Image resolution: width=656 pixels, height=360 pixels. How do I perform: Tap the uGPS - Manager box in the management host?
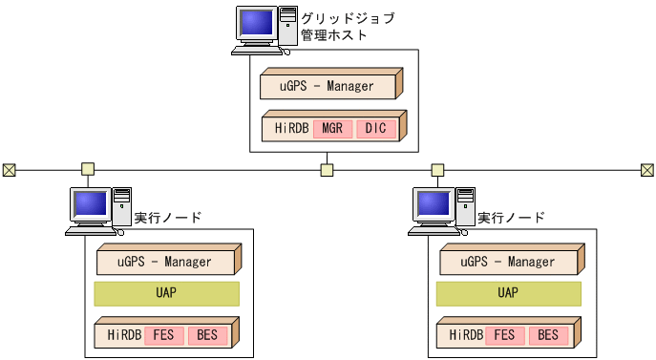(x=328, y=86)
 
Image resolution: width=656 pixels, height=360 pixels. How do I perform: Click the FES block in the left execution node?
(x=164, y=336)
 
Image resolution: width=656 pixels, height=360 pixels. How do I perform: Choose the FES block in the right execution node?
(x=506, y=336)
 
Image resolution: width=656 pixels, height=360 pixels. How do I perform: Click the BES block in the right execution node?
(x=547, y=336)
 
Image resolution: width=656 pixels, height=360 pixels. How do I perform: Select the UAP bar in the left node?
(x=166, y=293)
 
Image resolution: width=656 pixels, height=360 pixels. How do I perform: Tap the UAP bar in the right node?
(x=508, y=293)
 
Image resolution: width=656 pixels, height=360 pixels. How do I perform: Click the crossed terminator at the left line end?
(x=9, y=170)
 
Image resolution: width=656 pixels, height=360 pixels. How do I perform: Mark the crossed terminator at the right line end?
(x=647, y=170)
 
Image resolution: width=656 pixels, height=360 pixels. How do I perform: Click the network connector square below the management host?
(x=327, y=170)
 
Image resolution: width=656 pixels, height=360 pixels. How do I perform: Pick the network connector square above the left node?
(x=88, y=170)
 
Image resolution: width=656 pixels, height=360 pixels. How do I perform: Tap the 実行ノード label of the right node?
(x=511, y=218)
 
